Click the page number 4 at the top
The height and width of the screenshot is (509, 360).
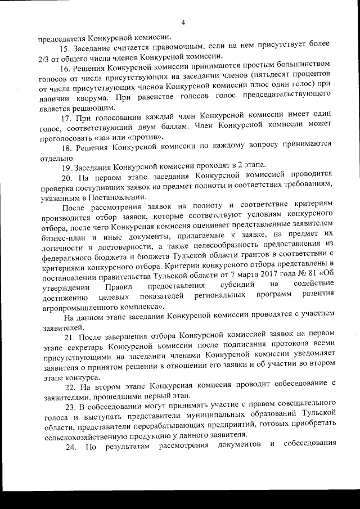[x=183, y=22]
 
